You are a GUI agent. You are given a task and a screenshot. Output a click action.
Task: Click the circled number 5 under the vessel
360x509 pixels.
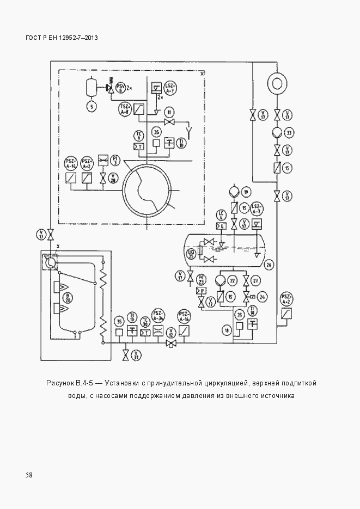91,107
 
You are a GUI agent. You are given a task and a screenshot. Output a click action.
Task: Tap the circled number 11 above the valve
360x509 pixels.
170,113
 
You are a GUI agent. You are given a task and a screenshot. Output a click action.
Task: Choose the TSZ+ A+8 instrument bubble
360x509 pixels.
125,109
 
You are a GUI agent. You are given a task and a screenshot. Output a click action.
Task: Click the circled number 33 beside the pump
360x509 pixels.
290,132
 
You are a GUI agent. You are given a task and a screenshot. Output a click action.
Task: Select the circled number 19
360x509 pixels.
246,192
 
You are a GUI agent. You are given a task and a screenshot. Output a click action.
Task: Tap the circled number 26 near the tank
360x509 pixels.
269,265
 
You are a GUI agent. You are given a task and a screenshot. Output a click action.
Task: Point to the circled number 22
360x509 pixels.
233,280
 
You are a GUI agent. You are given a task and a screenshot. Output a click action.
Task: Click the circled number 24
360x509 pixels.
263,297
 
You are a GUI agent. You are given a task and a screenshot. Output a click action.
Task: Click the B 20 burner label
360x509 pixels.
69,298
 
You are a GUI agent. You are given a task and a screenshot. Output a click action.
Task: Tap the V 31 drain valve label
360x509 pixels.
137,355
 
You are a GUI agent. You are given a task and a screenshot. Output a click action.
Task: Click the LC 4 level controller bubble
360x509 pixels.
221,214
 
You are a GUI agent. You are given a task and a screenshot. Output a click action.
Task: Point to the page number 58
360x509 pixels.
29,475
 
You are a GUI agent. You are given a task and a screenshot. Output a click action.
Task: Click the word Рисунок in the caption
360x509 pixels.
61,383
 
